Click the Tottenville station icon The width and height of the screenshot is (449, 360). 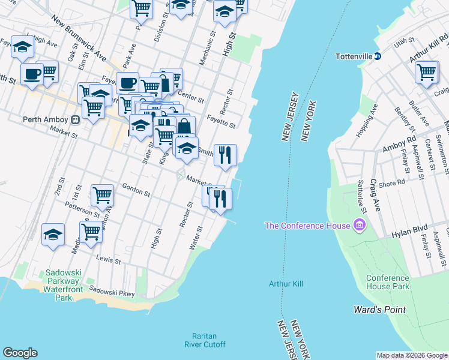pos(378,56)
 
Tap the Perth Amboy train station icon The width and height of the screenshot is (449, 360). pos(75,119)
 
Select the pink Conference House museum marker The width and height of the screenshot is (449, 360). pos(359,226)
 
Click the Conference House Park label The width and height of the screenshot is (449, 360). pos(388,282)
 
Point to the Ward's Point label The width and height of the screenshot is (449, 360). pos(379,310)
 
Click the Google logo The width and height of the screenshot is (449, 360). pos(20,353)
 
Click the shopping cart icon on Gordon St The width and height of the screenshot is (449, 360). pos(102,194)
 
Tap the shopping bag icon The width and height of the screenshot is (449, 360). pos(184,127)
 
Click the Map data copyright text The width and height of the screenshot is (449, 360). pos(412,355)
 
